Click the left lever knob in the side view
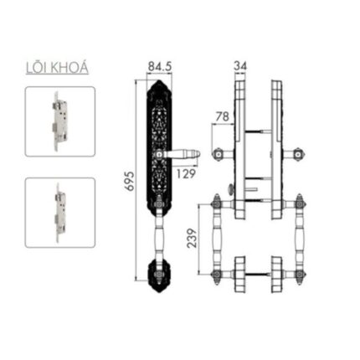(219, 153)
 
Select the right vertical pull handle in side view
(300, 239)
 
